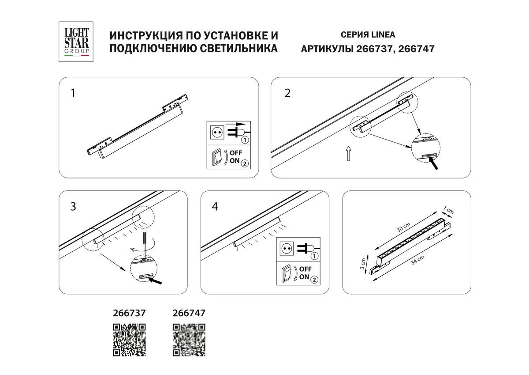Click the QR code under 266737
[130, 340]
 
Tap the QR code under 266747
[189, 340]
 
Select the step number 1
[73, 93]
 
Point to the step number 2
[287, 93]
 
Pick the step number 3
[73, 206]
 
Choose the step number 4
[215, 206]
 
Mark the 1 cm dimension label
[450, 211]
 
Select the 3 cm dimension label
[362, 264]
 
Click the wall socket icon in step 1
[216, 132]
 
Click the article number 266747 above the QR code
[188, 313]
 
